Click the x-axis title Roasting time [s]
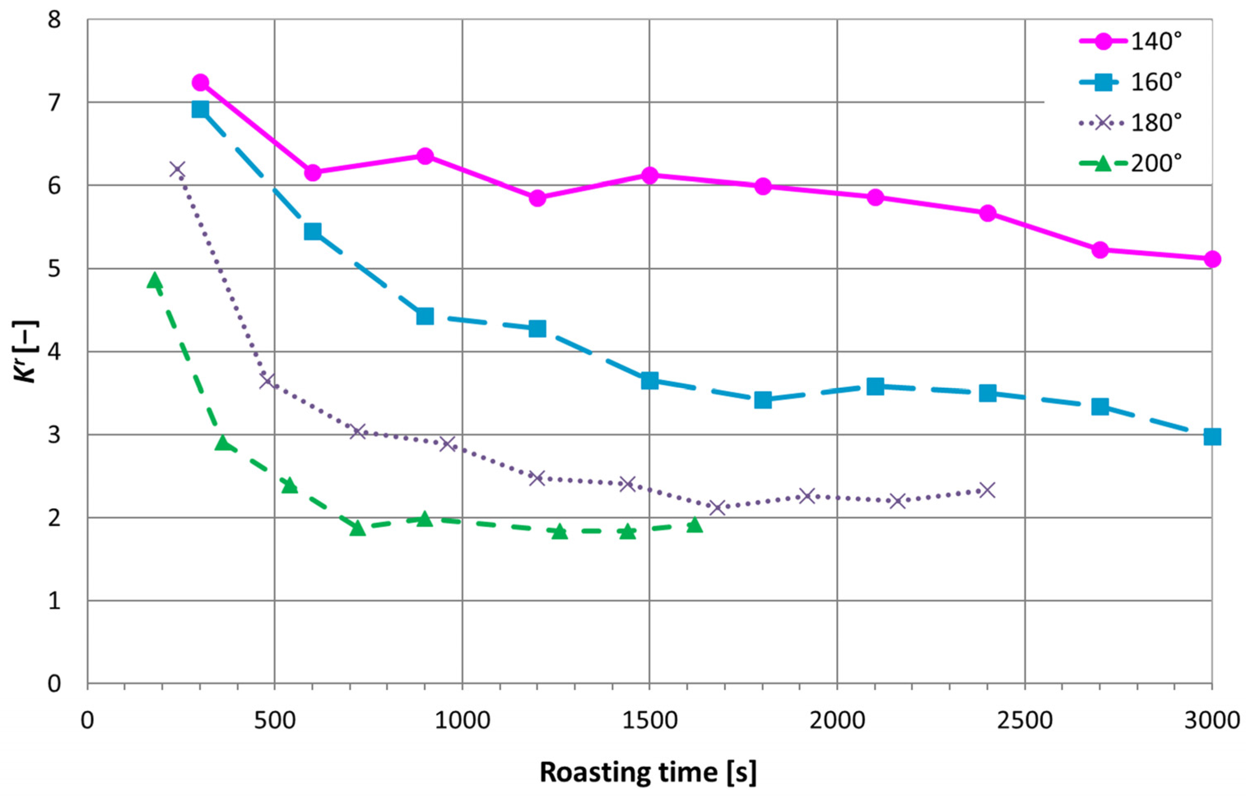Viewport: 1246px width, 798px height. point(648,772)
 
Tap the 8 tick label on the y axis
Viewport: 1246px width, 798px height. point(53,21)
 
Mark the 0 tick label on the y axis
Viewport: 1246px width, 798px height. point(53,684)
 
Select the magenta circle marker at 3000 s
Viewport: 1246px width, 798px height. point(1212,259)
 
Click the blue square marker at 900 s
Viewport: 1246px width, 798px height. point(425,316)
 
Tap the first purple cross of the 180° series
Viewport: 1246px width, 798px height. point(177,169)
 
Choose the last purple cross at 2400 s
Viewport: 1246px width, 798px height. point(987,490)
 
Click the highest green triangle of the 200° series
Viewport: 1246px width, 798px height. point(154,280)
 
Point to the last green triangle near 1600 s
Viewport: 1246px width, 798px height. point(695,525)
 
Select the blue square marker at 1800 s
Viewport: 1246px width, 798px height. point(762,400)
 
